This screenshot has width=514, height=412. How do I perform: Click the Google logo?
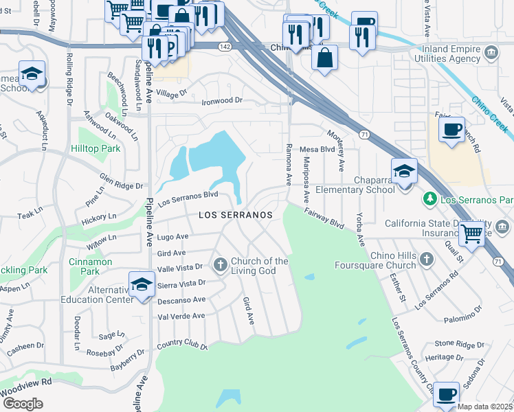(22, 404)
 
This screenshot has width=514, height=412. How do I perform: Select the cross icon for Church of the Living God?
(221, 265)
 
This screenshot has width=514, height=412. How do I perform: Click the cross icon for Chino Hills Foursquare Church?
(426, 260)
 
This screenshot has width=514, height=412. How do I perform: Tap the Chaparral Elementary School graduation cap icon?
(405, 171)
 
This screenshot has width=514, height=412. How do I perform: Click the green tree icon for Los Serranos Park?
(430, 199)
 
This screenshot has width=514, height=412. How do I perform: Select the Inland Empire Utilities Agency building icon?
(491, 53)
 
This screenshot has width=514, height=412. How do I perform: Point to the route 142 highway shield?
(224, 47)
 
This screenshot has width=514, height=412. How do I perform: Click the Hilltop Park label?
(96, 148)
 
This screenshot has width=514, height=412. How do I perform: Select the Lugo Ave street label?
(172, 236)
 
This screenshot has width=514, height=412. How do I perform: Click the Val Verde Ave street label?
(181, 316)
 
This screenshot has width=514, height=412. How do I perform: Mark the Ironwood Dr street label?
(222, 101)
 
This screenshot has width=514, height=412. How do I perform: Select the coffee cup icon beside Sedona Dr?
(446, 395)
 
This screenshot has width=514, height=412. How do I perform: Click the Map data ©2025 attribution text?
(485, 407)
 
